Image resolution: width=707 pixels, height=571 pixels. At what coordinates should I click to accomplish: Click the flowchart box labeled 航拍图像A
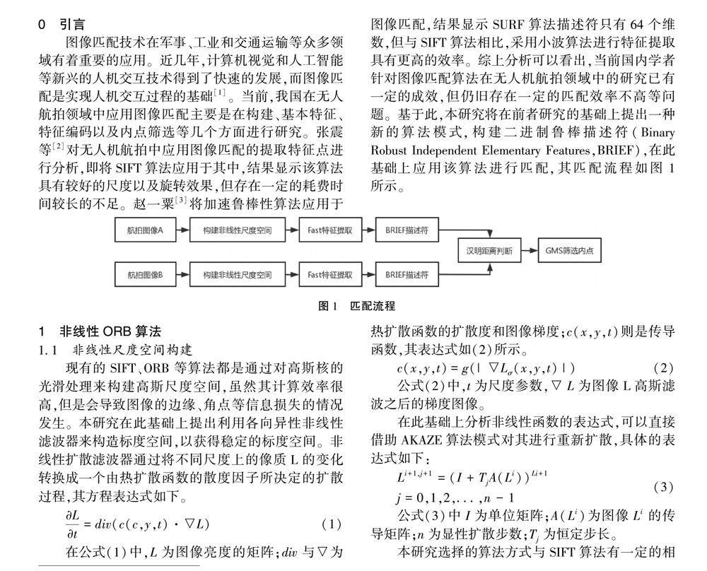[146, 230]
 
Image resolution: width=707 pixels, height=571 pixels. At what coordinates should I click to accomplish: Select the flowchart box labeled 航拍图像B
[146, 273]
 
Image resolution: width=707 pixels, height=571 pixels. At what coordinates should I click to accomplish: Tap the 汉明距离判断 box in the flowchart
[488, 251]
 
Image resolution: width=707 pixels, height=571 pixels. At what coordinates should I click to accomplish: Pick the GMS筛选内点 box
[569, 251]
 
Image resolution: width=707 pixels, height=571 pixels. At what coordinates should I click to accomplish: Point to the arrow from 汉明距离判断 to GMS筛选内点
[530, 251]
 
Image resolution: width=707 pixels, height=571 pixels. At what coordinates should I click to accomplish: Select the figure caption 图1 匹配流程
[356, 306]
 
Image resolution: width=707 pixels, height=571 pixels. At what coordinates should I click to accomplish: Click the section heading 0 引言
[63, 25]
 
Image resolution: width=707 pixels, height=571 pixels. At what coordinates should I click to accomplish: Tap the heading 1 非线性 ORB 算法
[100, 331]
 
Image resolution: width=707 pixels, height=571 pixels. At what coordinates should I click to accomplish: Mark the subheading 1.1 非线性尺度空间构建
[116, 350]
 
